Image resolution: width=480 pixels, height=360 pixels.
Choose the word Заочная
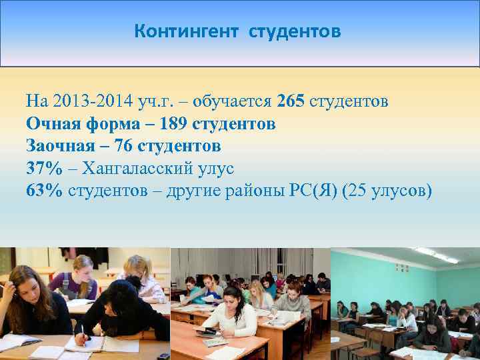tap(61, 145)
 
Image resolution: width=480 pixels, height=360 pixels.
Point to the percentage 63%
tap(44, 190)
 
